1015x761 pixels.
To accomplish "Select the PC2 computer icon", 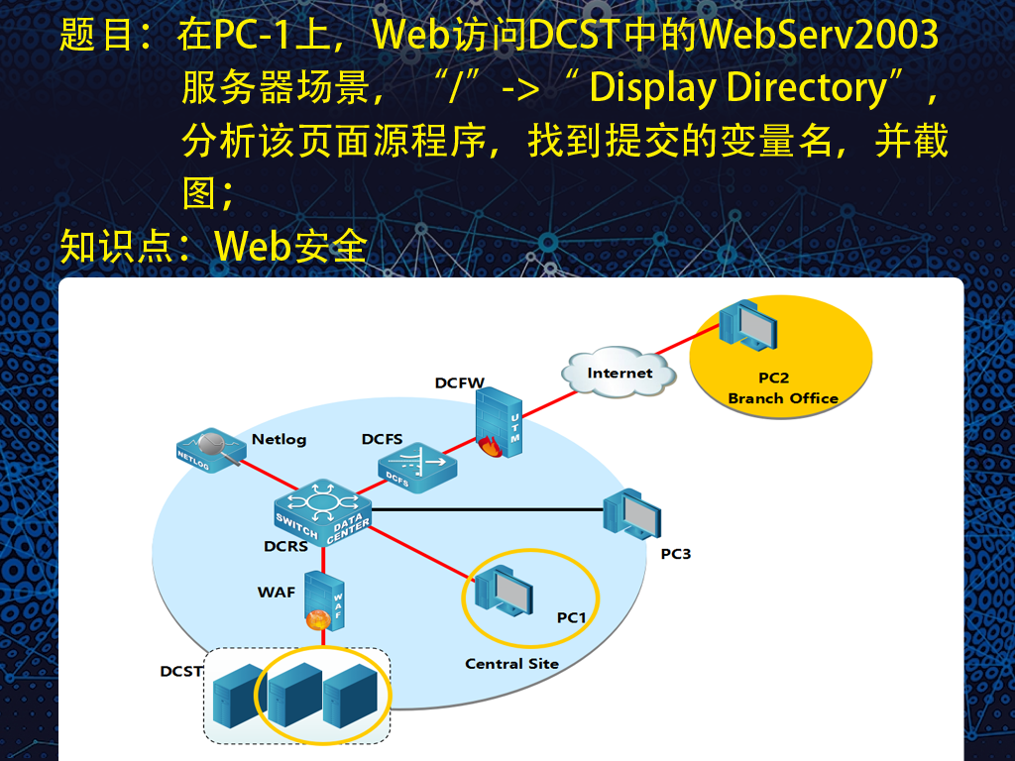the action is pos(747,325).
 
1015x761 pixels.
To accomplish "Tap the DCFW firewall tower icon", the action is pos(499,422).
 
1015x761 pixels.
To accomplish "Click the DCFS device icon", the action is pos(417,468).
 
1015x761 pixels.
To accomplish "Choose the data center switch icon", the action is pos(322,512).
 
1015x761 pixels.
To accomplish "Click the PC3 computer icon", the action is pos(631,514).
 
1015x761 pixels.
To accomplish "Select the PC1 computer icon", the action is pos(504,591).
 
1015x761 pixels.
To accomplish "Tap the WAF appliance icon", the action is pos(325,601).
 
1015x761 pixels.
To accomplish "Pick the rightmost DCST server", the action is pos(350,696).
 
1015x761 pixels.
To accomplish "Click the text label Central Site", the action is pos(511,664).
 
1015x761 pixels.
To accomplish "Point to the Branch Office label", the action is pos(783,398).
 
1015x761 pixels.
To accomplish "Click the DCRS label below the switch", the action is pos(285,547).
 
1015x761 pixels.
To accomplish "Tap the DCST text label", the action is pos(181,672).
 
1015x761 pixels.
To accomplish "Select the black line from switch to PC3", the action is pos(488,510).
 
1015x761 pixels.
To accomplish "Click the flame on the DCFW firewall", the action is pos(492,447).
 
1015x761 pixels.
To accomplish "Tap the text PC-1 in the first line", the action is pos(251,35).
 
